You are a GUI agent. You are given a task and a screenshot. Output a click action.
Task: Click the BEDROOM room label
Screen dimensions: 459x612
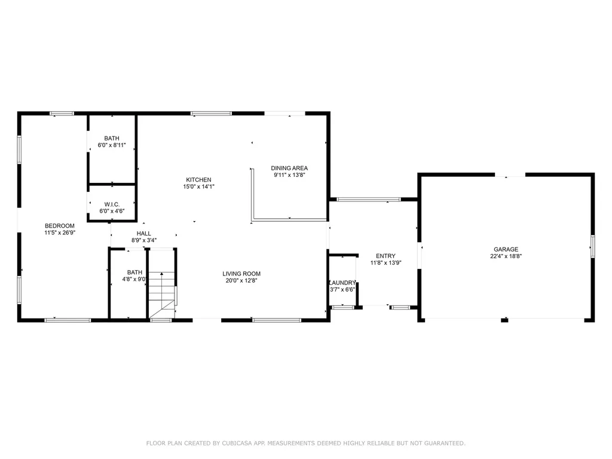tap(59, 225)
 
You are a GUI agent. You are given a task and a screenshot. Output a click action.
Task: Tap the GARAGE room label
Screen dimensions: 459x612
tap(506, 249)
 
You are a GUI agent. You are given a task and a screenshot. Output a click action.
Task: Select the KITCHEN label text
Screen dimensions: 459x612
tap(198, 180)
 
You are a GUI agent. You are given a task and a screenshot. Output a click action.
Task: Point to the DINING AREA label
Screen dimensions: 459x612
tap(289, 168)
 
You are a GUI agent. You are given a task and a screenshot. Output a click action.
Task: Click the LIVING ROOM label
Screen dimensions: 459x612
tap(242, 274)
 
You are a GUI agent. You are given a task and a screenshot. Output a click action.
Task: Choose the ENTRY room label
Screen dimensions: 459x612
tap(385, 256)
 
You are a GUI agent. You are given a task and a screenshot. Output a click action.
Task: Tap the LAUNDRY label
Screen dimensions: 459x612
tap(342, 283)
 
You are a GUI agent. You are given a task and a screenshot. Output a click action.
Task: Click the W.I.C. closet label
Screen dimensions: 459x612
tap(112, 204)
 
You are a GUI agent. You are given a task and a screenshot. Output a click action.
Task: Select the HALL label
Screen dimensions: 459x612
tap(144, 234)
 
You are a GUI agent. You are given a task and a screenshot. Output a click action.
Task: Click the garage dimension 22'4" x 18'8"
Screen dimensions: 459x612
tap(506, 256)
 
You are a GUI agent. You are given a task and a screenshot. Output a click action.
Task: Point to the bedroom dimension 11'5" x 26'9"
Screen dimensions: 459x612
tap(59, 232)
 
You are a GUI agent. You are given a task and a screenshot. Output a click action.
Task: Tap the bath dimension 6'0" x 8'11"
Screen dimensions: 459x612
tap(112, 145)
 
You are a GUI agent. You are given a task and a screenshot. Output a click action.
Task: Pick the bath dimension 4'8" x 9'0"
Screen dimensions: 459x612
tap(134, 279)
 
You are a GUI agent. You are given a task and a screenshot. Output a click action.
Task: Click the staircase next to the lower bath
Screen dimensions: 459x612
tap(162, 293)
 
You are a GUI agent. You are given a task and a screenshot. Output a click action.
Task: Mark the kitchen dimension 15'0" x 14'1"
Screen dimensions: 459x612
tap(198, 187)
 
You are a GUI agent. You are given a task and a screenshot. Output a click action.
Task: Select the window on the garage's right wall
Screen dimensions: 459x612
tap(592, 246)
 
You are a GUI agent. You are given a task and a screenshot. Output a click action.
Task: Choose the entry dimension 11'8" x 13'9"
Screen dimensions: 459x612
tap(385, 263)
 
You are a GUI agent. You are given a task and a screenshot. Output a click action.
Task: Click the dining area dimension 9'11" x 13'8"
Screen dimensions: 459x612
tap(289, 175)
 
